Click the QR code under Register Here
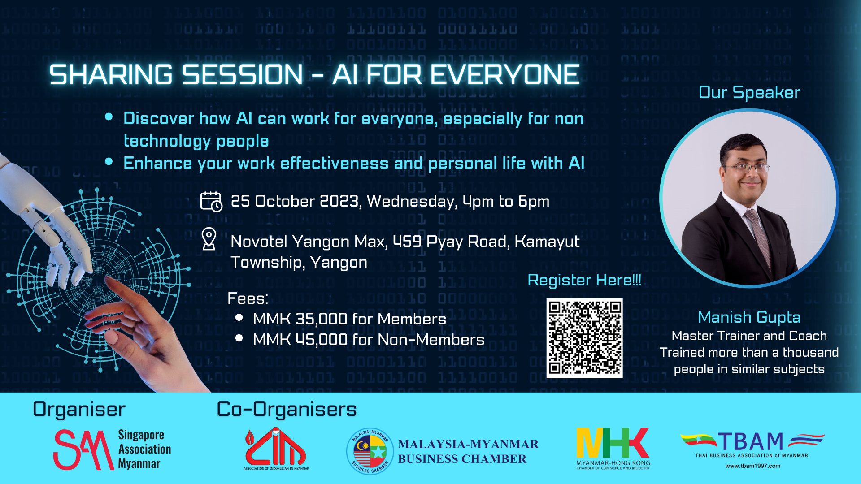coord(584,338)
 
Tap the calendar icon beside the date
coord(211,201)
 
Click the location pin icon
coord(209,239)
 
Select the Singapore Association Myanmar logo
coord(112,449)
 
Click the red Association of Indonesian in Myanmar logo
coord(276,449)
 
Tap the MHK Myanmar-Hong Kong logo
coord(613,449)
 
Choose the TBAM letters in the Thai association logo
coord(750,442)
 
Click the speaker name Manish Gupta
coord(749,317)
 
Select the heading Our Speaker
coord(749,92)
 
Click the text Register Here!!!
coord(584,280)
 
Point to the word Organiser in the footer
coord(79,409)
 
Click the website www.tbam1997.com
coord(753,466)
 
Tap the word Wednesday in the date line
coord(412,201)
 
